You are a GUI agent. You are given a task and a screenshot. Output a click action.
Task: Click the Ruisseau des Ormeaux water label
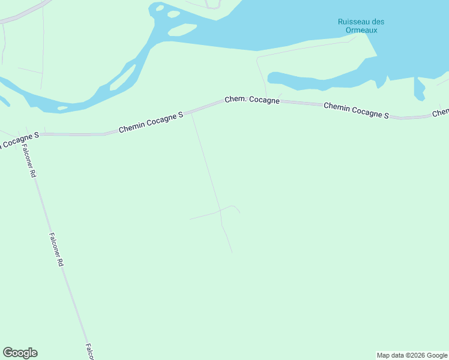point(361,26)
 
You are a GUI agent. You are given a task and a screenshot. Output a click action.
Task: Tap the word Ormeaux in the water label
point(361,30)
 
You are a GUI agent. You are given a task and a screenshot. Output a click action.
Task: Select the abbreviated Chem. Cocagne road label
point(252,100)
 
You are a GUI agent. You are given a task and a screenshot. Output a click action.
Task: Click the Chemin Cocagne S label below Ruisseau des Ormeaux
point(356,110)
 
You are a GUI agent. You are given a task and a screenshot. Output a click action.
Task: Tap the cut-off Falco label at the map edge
point(89,352)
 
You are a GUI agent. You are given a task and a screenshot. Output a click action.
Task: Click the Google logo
point(20,353)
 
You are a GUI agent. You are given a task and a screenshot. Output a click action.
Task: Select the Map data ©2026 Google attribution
point(412,355)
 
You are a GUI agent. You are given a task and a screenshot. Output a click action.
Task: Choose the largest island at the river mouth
point(182,29)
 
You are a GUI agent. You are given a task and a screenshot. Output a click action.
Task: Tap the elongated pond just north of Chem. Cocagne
point(324,79)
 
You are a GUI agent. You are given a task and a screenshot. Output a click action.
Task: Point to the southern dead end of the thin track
point(232,253)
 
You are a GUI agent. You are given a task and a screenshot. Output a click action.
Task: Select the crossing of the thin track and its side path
point(220,210)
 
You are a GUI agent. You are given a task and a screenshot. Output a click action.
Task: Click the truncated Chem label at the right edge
point(441,113)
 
